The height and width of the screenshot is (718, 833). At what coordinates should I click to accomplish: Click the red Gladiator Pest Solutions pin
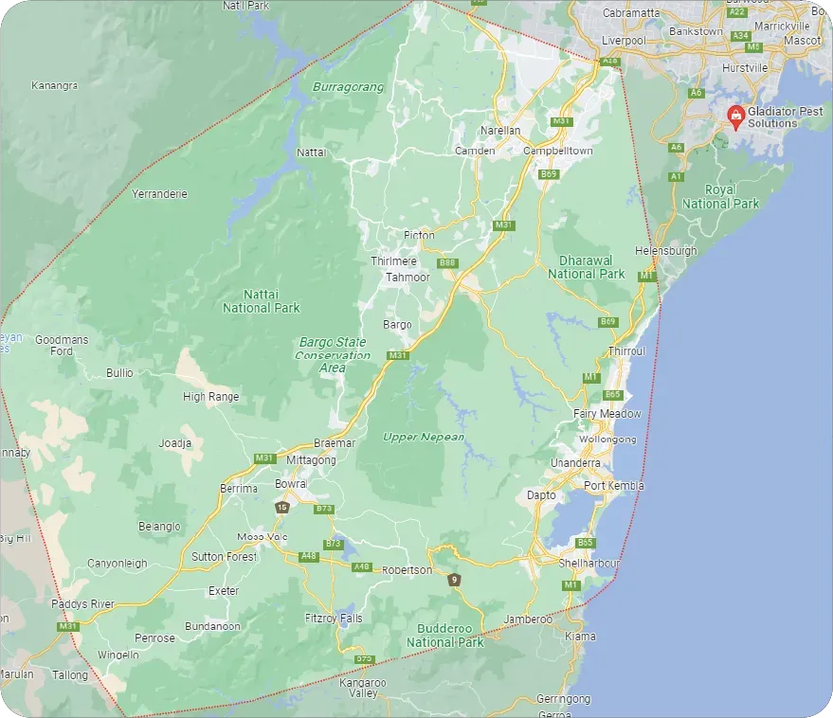(x=734, y=116)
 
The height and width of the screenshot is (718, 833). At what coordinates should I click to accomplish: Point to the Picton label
(x=418, y=235)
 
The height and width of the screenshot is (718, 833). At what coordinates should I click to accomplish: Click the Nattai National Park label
(x=261, y=301)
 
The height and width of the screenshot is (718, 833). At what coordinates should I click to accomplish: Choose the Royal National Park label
(x=720, y=197)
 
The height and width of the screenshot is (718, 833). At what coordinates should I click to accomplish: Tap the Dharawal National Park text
(x=586, y=267)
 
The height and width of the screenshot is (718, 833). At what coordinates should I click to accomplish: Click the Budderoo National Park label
(x=444, y=636)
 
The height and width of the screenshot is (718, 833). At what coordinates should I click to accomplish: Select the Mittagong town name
(x=311, y=460)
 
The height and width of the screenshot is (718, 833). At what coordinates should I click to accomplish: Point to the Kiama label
(x=580, y=637)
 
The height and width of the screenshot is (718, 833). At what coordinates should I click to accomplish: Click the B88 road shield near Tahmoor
(x=447, y=262)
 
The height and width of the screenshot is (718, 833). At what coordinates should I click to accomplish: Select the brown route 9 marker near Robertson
(x=455, y=580)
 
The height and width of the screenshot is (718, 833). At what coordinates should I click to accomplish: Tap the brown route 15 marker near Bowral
(x=281, y=508)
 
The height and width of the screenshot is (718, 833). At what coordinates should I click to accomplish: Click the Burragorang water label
(x=349, y=87)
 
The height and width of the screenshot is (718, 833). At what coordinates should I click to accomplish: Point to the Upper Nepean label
(x=424, y=437)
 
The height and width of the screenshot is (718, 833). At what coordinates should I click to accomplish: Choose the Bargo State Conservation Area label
(x=332, y=354)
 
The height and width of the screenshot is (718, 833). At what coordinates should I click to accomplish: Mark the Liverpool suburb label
(x=624, y=42)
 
